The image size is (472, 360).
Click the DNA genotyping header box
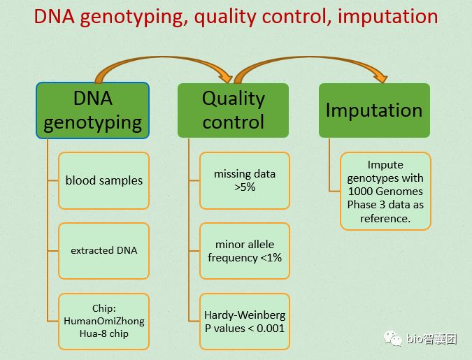92,110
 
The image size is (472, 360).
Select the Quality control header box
233,110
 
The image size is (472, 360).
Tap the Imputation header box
374,110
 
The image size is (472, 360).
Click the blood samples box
103,180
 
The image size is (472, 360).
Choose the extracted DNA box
103,250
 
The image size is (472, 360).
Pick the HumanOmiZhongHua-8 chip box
103,321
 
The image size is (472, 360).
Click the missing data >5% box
245,180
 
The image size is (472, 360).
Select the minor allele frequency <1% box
245,250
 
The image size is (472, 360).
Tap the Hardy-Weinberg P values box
245,321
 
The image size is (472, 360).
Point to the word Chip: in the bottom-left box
103,308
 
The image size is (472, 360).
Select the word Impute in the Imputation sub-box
385,165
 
